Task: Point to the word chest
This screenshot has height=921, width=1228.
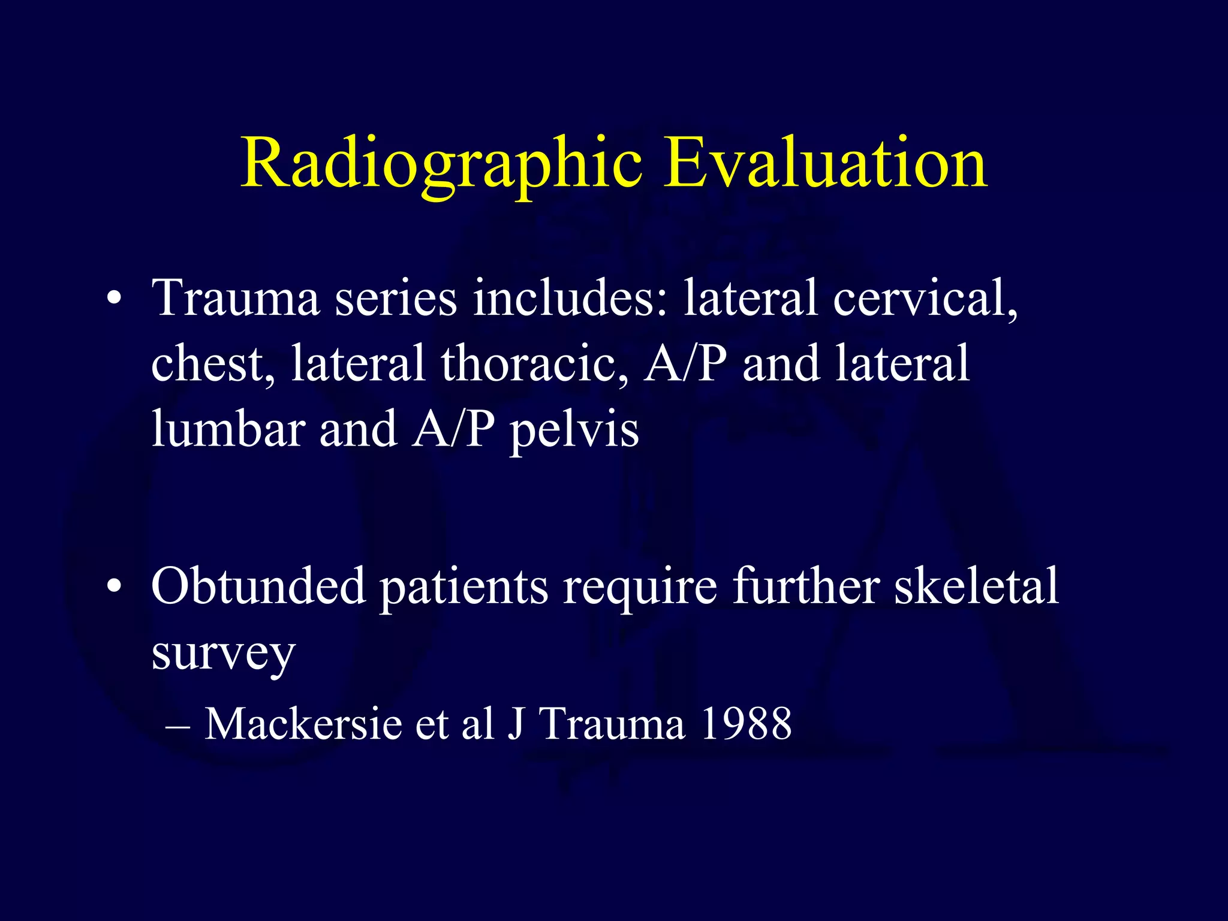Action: click(x=212, y=364)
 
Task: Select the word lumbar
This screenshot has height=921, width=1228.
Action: click(x=228, y=429)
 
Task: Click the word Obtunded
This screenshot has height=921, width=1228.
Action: click(x=258, y=586)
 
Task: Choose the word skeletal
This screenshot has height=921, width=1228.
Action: click(x=977, y=586)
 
